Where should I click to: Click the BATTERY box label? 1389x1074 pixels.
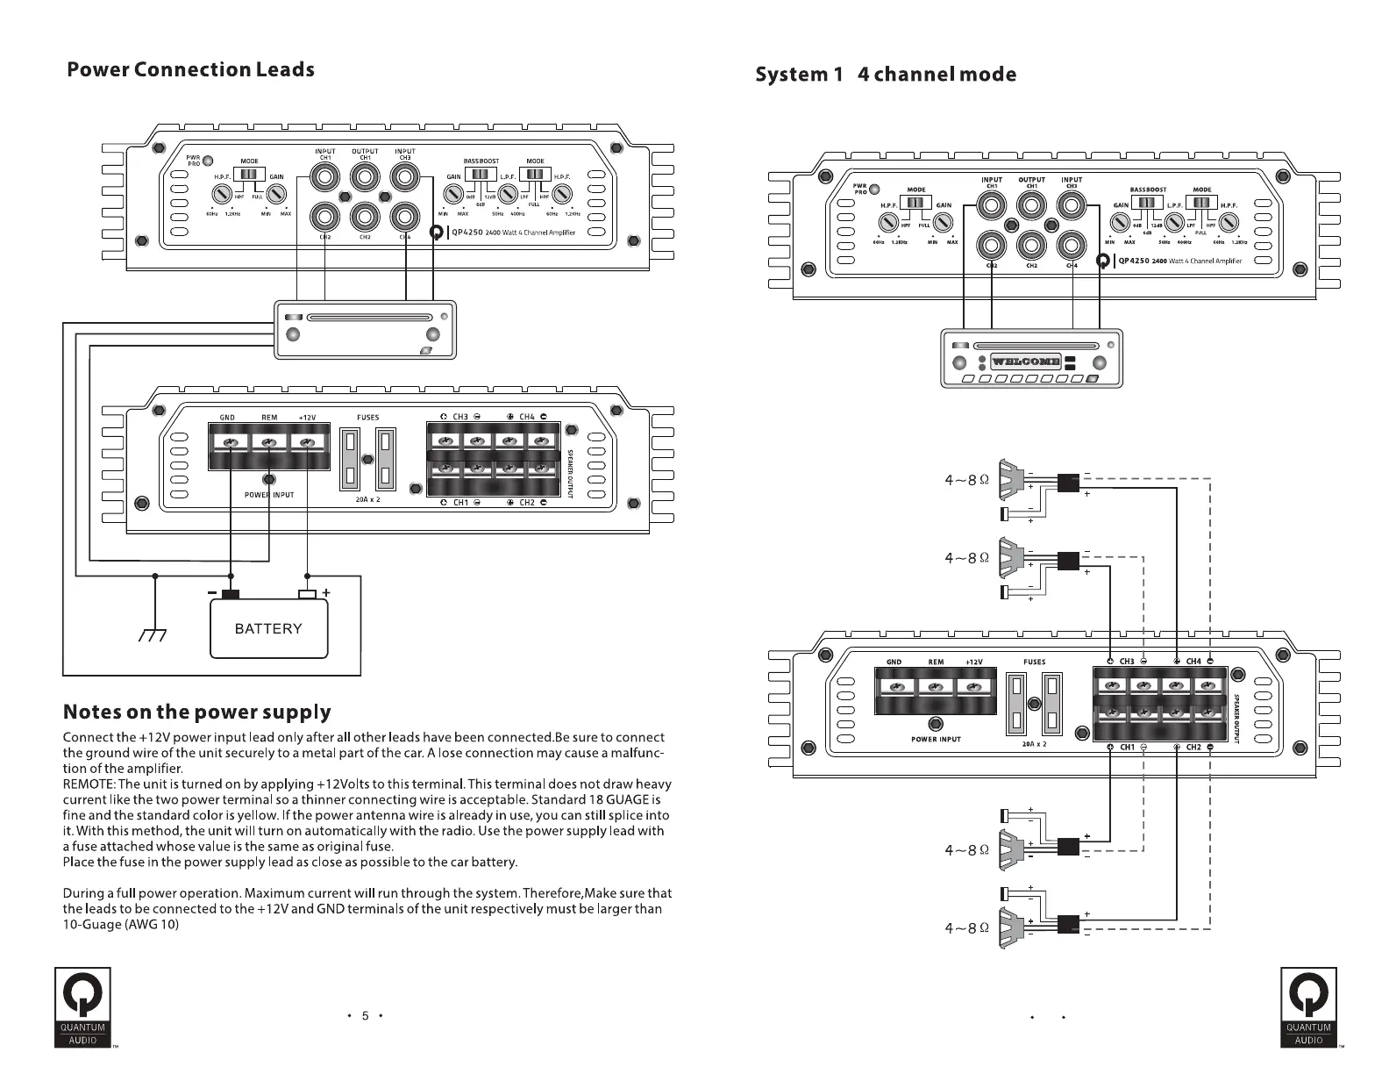tap(268, 628)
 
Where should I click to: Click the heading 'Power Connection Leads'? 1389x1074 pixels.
tap(190, 70)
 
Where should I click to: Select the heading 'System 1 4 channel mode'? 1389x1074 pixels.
tap(886, 75)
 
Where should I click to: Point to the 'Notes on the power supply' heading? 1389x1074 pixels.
tap(197, 712)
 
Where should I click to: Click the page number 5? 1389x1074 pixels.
tap(365, 1017)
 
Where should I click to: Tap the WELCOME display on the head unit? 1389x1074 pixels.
tap(1025, 362)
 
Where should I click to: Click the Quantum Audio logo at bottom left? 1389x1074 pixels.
tap(82, 1007)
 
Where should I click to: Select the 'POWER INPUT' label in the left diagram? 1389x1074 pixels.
tap(269, 496)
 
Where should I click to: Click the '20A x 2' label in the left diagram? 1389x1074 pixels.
tap(368, 499)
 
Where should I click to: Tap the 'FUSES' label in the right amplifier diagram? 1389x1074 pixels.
tap(1035, 662)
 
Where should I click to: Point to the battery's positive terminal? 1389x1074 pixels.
tap(307, 594)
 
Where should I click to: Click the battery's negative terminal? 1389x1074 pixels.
tap(231, 594)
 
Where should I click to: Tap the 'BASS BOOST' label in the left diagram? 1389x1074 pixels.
tap(481, 161)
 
